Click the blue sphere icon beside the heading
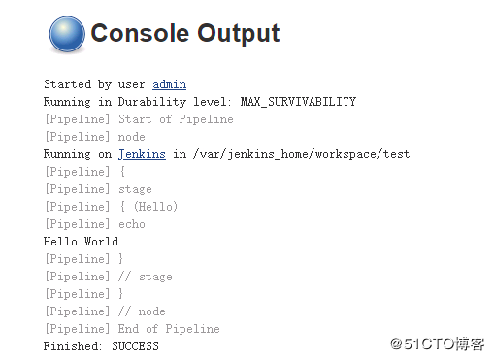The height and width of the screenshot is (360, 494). tap(66, 35)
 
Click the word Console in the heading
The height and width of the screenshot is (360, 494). tap(140, 34)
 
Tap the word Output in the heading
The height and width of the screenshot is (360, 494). tap(238, 34)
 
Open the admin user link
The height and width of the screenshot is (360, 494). tap(169, 84)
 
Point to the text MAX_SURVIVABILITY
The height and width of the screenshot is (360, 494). tap(298, 102)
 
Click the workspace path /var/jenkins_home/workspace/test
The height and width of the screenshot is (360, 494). tap(301, 154)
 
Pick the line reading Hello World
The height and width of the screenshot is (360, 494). tap(81, 242)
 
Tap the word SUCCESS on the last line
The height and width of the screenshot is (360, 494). tap(135, 346)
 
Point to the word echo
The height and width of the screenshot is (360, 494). tap(131, 224)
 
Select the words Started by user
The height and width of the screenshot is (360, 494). tap(94, 84)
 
